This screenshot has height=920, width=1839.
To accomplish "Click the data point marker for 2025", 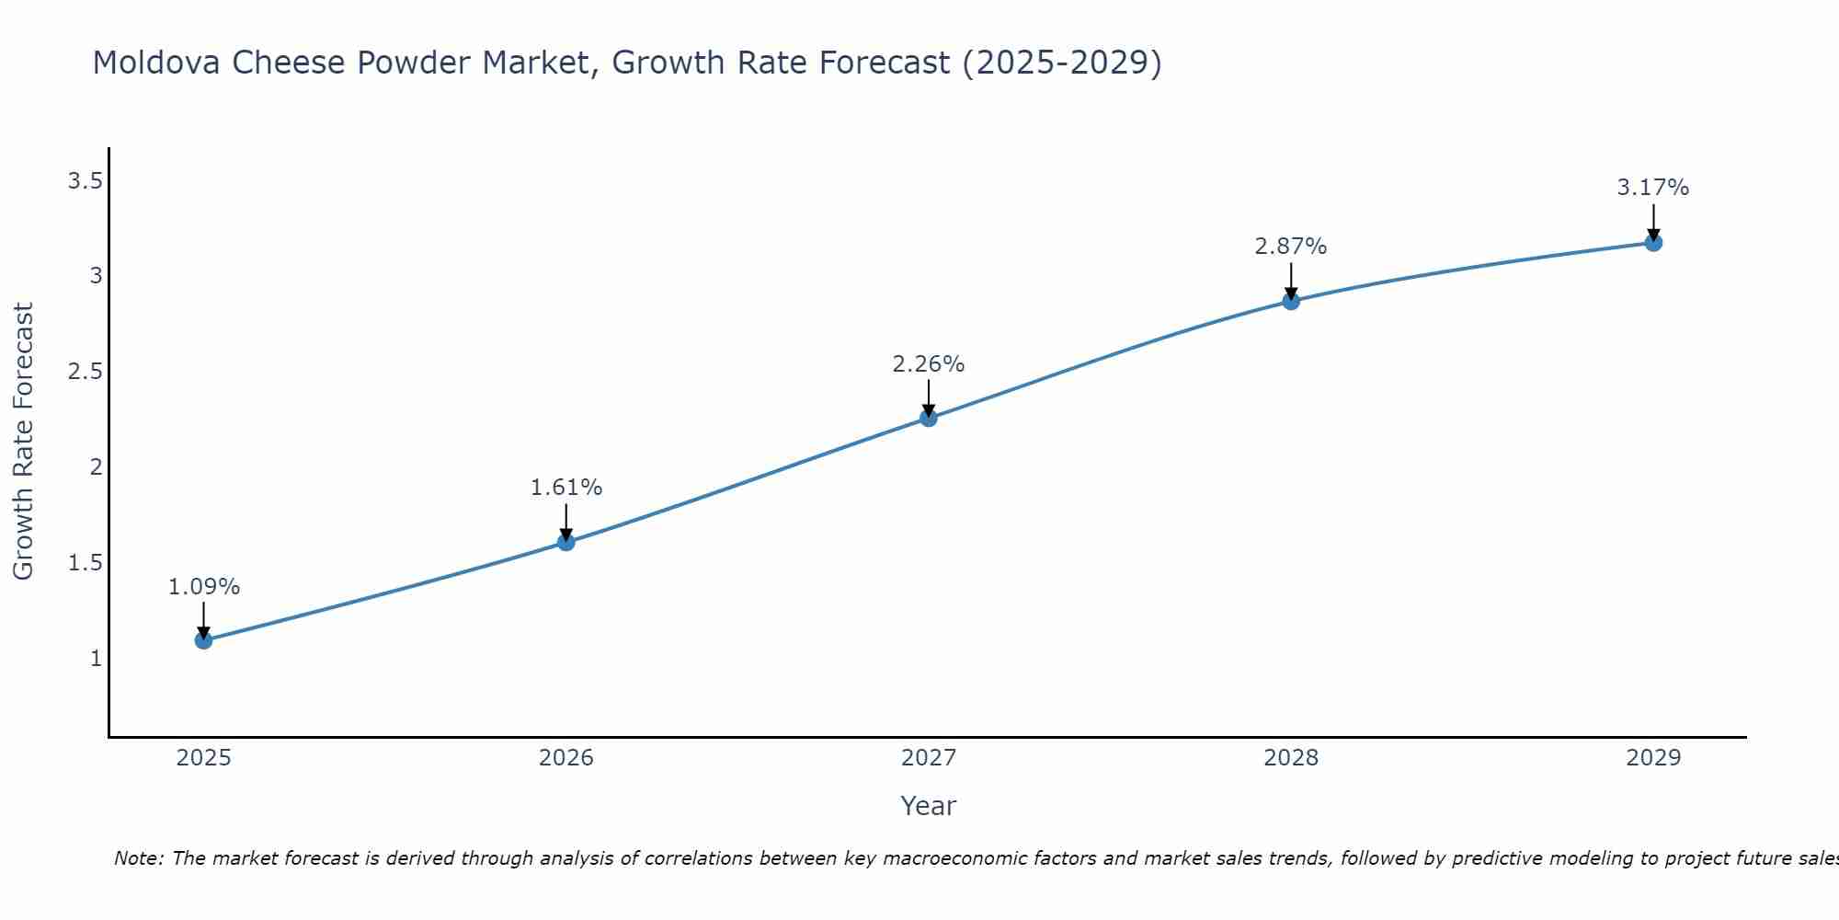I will pyautogui.click(x=204, y=640).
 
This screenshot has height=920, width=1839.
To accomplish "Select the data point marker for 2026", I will pyautogui.click(x=566, y=542).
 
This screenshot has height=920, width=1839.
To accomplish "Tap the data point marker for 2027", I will pyautogui.click(x=929, y=418).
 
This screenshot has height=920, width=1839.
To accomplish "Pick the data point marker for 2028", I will pyautogui.click(x=1291, y=301).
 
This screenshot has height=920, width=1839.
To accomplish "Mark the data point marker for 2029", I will pyautogui.click(x=1653, y=243).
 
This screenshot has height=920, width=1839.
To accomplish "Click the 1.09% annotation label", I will pyautogui.click(x=204, y=587).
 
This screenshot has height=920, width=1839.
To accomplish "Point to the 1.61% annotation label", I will pyautogui.click(x=566, y=488).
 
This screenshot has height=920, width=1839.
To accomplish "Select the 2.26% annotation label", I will pyautogui.click(x=929, y=364).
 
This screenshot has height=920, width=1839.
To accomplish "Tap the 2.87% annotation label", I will pyautogui.click(x=1291, y=247).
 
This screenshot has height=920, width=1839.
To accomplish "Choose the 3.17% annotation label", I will pyautogui.click(x=1653, y=188).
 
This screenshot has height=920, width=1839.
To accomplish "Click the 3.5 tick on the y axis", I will pyautogui.click(x=85, y=181).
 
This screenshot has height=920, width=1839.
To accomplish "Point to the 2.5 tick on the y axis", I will pyautogui.click(x=85, y=372).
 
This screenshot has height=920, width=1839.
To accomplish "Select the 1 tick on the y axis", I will pyautogui.click(x=96, y=659).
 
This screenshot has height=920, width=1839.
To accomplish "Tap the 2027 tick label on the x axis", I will pyautogui.click(x=929, y=758).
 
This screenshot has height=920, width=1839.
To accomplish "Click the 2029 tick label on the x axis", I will pyautogui.click(x=1653, y=758).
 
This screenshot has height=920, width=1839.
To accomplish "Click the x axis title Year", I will pyautogui.click(x=929, y=806).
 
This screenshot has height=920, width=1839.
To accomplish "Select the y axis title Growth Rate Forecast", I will pyautogui.click(x=24, y=442).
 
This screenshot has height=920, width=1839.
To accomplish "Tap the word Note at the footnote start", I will pyautogui.click(x=138, y=858).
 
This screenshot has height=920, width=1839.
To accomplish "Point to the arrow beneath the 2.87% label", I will pyautogui.click(x=1291, y=282).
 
